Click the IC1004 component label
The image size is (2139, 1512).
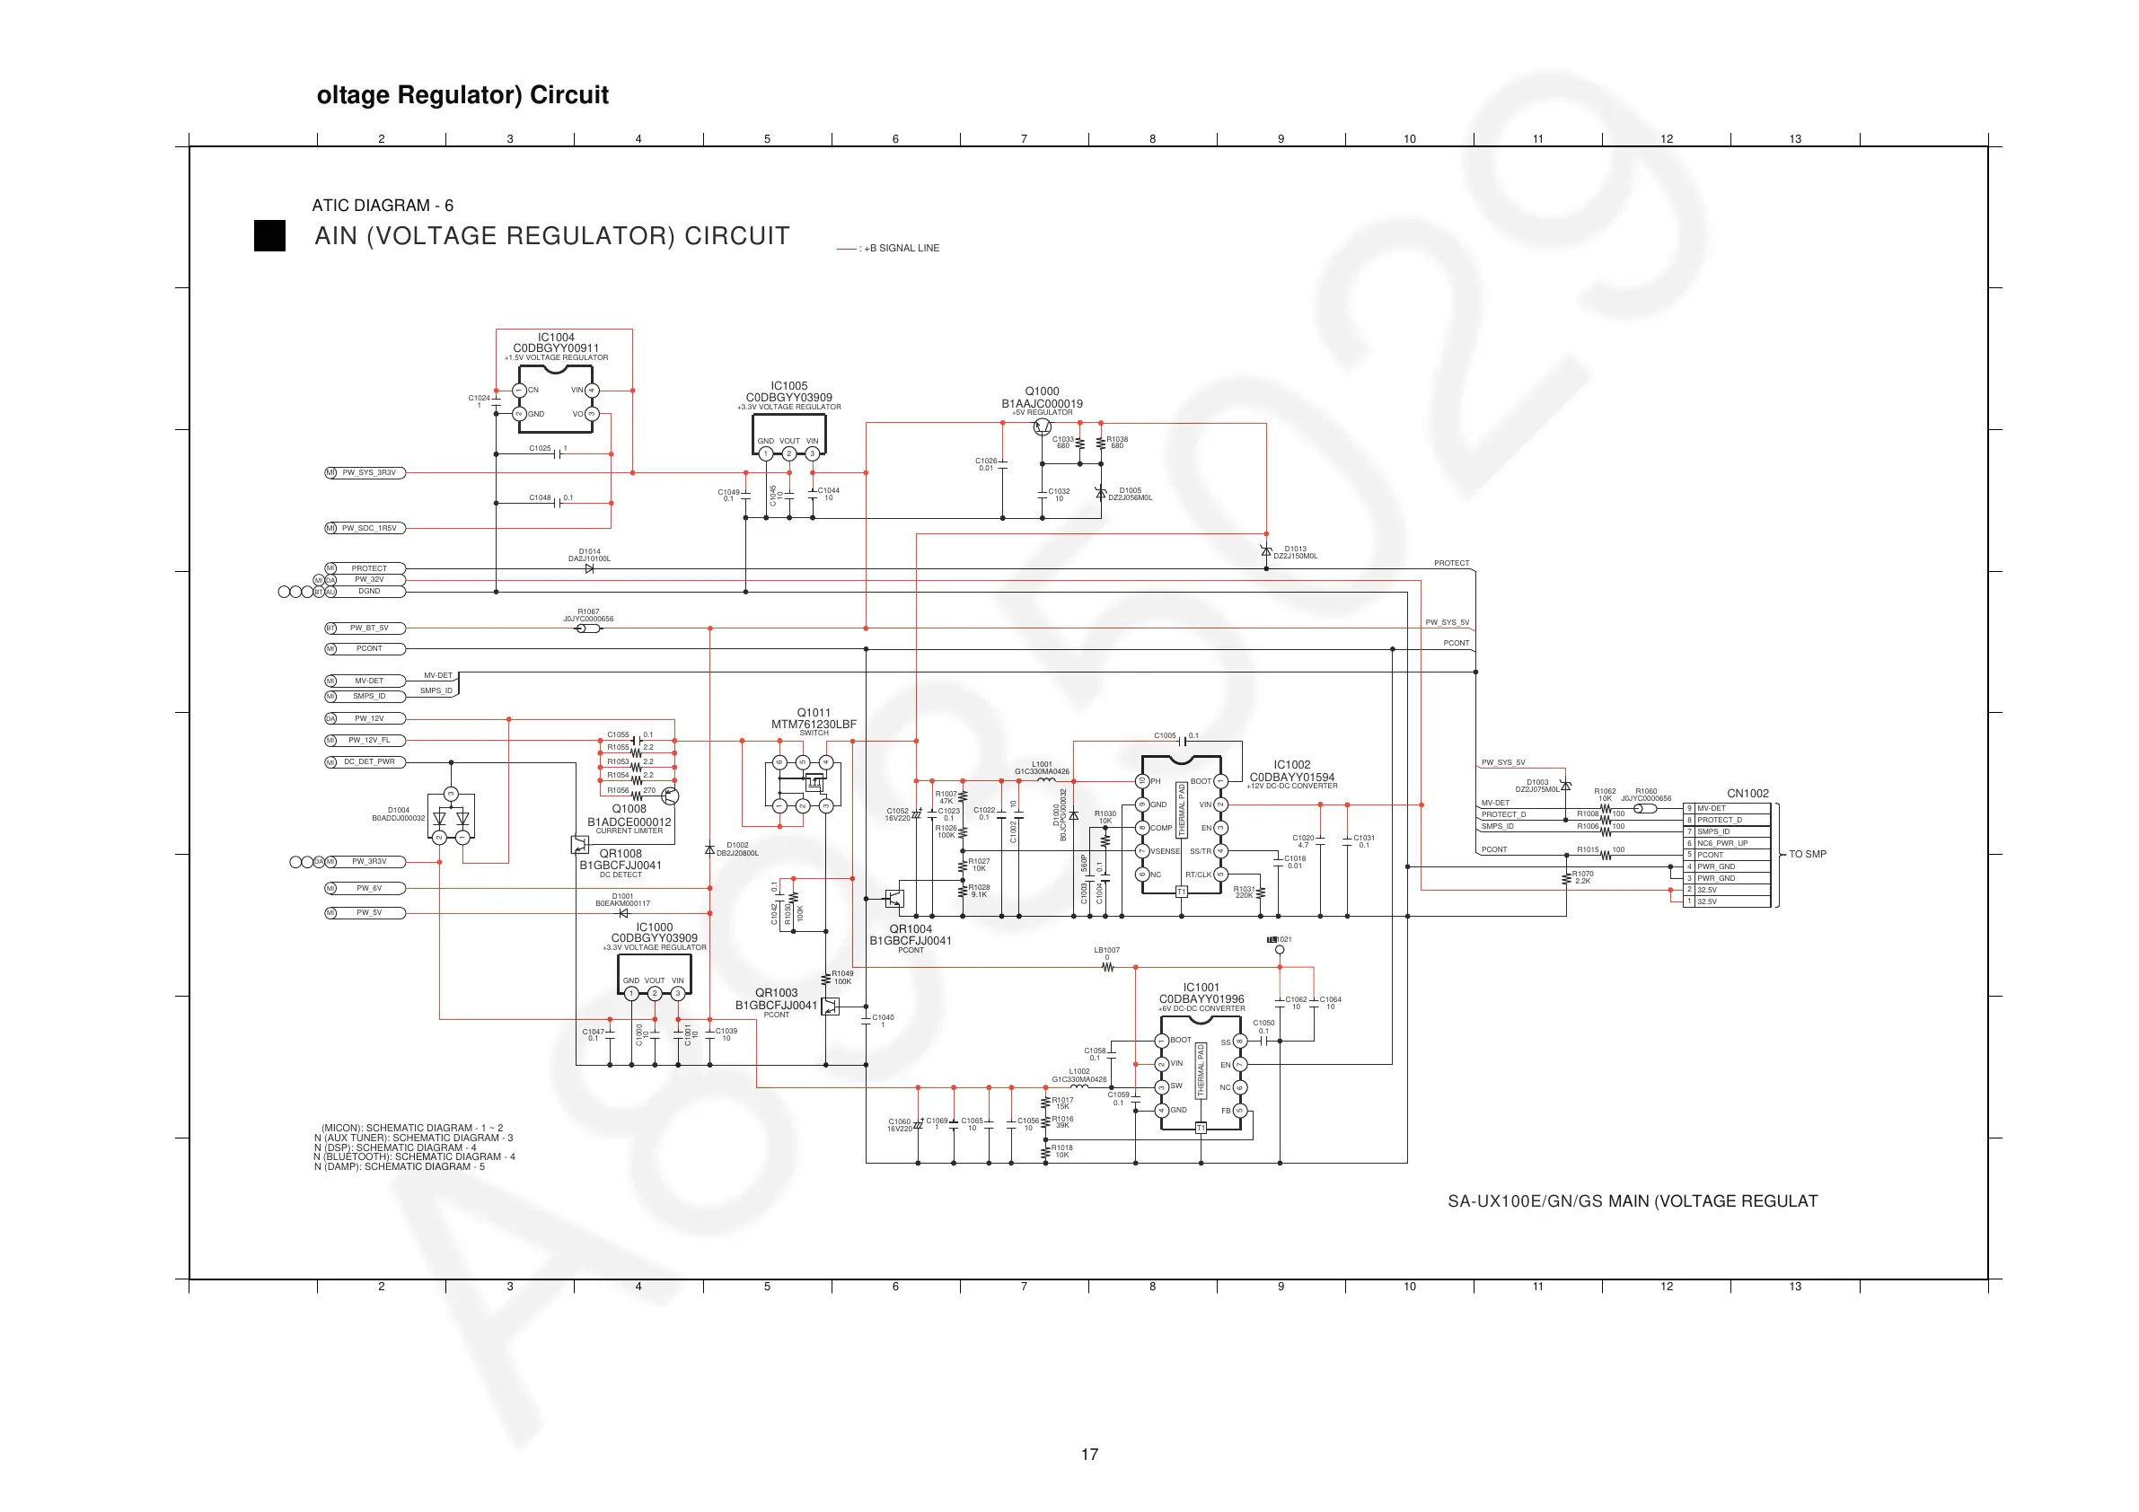[555, 338]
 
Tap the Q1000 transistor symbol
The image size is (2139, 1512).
[1043, 427]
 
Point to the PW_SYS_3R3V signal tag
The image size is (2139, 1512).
[369, 473]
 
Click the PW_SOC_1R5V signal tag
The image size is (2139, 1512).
[369, 528]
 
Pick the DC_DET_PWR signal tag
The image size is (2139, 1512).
[369, 762]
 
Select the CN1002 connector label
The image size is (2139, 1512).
[1747, 794]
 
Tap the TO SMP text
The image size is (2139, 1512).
[1807, 854]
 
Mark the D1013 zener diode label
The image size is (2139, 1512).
[1295, 549]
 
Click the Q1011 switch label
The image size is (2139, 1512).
[814, 713]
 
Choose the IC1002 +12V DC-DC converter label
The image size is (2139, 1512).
[1291, 765]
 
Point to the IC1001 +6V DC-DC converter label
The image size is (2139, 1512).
[1201, 988]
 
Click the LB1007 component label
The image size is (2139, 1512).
[1106, 950]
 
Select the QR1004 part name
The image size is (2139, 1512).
[911, 928]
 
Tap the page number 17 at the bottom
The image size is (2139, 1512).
[1089, 1455]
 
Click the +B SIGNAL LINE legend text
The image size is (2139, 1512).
[901, 249]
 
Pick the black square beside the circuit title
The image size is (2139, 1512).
[270, 236]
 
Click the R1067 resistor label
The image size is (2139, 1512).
[588, 612]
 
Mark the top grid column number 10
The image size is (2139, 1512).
[1410, 139]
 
